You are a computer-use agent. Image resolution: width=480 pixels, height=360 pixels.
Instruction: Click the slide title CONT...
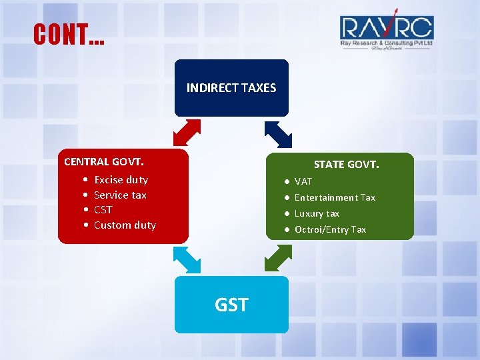click(68, 34)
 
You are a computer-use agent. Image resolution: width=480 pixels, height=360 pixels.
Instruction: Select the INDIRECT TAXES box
click(231, 88)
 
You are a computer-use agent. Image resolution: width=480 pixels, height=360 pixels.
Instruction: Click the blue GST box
click(231, 305)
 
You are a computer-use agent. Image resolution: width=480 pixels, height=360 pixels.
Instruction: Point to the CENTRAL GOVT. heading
click(104, 161)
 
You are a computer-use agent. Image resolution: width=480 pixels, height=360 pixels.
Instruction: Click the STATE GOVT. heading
click(346, 164)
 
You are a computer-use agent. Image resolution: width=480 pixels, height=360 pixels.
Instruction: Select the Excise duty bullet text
click(121, 179)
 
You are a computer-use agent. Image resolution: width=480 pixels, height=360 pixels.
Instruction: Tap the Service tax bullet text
click(120, 195)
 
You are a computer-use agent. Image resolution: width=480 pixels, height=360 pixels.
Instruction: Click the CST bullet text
click(103, 209)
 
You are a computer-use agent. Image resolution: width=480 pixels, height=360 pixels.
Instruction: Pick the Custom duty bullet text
click(125, 225)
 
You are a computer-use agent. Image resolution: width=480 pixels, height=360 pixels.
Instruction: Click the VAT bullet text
click(303, 181)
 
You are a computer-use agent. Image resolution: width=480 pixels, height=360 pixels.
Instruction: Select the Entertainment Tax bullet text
click(335, 197)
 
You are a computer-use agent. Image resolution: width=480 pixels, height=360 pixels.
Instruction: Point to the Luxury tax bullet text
click(317, 213)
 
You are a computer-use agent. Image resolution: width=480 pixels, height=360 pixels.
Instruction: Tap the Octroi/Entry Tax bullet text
click(330, 229)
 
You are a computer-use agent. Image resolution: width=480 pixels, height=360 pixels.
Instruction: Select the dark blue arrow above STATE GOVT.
click(278, 133)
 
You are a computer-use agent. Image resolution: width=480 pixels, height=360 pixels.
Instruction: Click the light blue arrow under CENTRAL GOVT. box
click(187, 259)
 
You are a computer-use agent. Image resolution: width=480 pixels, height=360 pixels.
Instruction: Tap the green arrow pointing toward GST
click(278, 258)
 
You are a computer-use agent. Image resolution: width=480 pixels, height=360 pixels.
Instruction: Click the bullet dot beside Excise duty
click(87, 180)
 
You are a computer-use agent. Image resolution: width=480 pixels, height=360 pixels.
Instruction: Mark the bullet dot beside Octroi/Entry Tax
click(285, 229)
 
